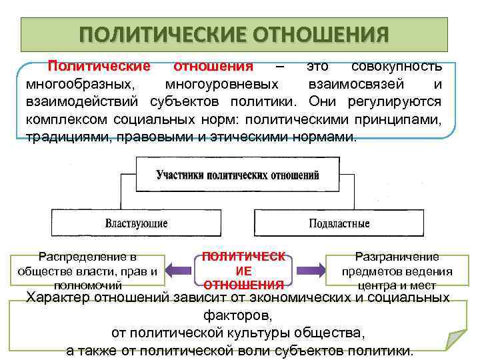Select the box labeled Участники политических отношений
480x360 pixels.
(x=237, y=175)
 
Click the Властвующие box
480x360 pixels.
(x=136, y=223)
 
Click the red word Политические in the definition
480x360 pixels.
(x=99, y=67)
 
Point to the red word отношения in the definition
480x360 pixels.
(x=213, y=67)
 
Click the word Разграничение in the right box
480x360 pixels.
(x=397, y=256)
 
